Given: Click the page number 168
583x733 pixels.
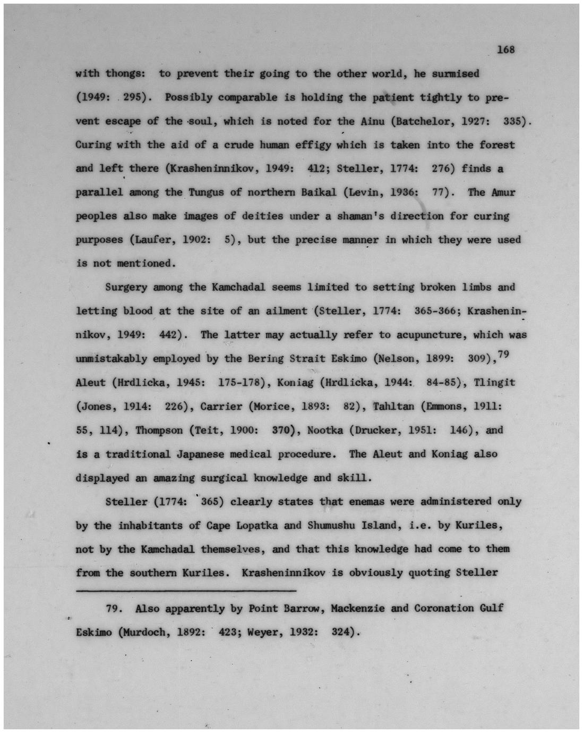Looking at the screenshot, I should (506, 49).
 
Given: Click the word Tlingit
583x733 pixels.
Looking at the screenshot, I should (494, 382).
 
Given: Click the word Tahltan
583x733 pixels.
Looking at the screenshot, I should (393, 406).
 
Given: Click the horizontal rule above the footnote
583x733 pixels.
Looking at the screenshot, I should (186, 590).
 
